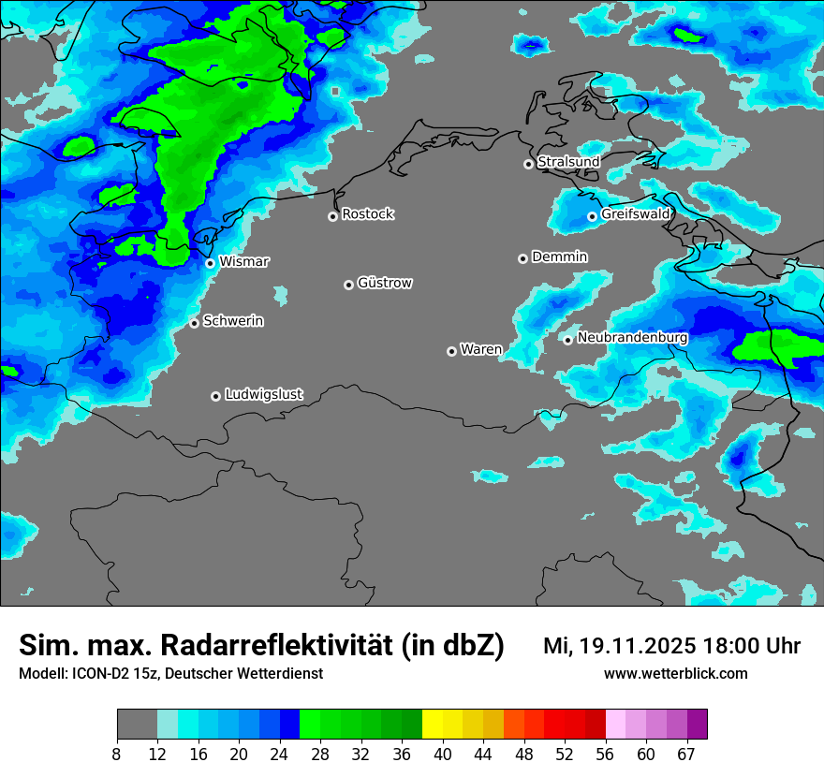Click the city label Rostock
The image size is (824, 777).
click(x=367, y=214)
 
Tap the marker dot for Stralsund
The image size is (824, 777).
click(x=528, y=164)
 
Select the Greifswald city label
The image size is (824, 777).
click(x=636, y=214)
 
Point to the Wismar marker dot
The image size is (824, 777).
click(x=210, y=263)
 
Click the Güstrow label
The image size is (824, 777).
click(x=384, y=283)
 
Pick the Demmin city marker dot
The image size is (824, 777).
click(x=522, y=258)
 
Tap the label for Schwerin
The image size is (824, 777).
click(x=233, y=321)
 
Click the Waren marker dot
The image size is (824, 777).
click(x=451, y=351)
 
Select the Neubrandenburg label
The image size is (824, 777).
click(x=632, y=337)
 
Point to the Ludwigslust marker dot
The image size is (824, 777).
click(x=215, y=396)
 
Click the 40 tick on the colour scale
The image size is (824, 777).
click(x=443, y=755)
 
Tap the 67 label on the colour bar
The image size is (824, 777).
click(x=685, y=755)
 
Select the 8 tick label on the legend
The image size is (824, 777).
click(x=117, y=755)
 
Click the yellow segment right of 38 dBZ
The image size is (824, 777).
click(x=433, y=725)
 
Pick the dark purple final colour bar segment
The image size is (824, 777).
click(x=697, y=725)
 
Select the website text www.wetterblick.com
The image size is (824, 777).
click(x=675, y=673)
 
